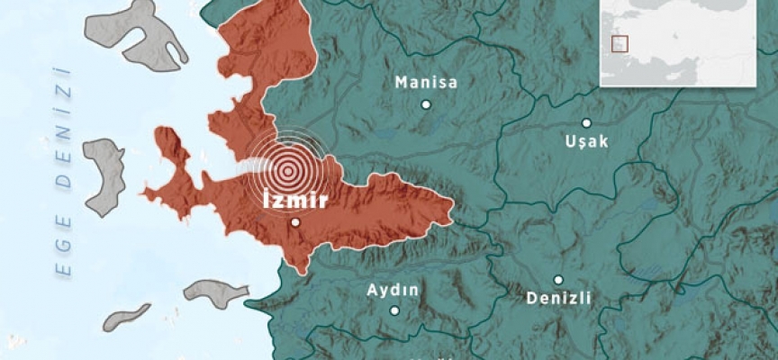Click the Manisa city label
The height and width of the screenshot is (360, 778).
coord(426,83)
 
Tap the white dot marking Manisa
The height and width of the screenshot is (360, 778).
coord(426,104)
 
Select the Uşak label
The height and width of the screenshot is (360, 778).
coord(586,141)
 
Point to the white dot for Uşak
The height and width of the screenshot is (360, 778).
coord(586,123)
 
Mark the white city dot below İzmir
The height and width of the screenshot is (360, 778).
coord(294,222)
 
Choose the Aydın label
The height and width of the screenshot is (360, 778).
coord(394,290)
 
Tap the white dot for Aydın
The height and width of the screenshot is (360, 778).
coord(394,310)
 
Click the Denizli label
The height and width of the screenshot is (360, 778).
coord(558,299)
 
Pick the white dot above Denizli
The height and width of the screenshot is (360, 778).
coord(558,280)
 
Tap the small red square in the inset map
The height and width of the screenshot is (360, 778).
coord(618,43)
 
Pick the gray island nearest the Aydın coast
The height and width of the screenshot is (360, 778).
coord(215,292)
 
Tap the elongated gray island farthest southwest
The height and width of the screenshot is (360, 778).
coord(126,317)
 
